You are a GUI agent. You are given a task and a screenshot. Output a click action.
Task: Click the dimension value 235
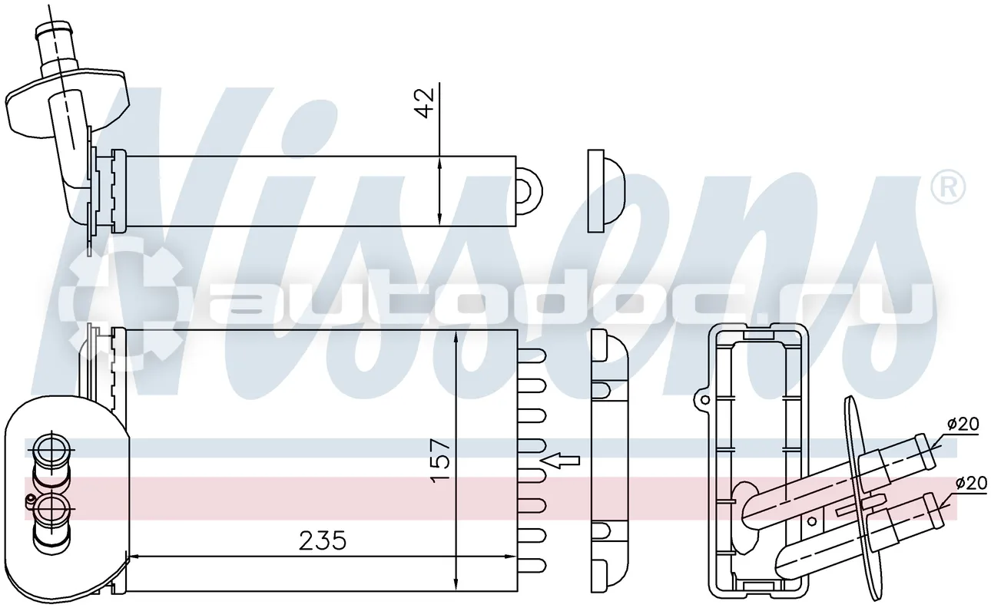click(322, 540)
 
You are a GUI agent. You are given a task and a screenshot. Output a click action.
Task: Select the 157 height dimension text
click(441, 460)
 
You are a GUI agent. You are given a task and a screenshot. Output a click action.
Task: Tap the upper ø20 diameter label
click(963, 425)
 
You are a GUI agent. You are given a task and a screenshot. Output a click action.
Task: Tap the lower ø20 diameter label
click(971, 483)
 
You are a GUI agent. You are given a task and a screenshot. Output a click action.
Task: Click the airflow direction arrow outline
click(561, 461)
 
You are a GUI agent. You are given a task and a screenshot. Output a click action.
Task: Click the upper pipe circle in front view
click(51, 450)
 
